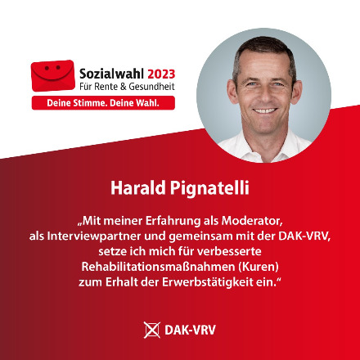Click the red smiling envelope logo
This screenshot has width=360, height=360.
click(x=53, y=75)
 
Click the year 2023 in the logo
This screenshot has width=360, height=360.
click(x=161, y=74)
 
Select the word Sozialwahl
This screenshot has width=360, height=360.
click(x=112, y=74)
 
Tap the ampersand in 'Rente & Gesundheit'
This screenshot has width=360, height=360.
click(x=124, y=87)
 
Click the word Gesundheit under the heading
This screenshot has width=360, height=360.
click(x=151, y=87)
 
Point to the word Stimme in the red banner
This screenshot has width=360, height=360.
click(x=85, y=103)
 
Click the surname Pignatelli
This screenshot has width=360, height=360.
click(x=209, y=188)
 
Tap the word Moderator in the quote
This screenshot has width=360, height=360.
click(x=252, y=221)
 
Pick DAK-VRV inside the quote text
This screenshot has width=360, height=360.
click(x=304, y=236)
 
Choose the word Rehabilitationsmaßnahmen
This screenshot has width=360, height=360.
click(x=158, y=267)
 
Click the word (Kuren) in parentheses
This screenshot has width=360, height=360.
click(x=259, y=267)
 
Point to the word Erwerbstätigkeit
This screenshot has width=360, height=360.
click(x=208, y=282)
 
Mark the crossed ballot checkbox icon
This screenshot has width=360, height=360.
click(x=152, y=330)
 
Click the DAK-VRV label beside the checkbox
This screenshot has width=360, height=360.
click(x=190, y=330)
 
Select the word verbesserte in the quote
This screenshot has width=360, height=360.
click(x=229, y=251)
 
